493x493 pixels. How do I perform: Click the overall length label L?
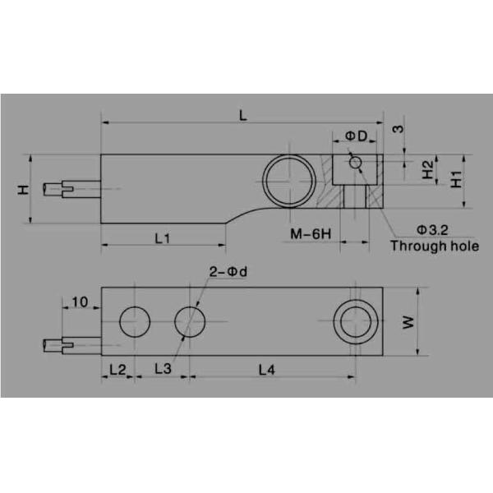[x=242, y=115]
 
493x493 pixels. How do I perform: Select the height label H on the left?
[x=23, y=190]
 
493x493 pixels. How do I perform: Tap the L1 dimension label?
[x=162, y=238]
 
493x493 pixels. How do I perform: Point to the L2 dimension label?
[x=117, y=371]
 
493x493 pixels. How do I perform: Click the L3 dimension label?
[x=164, y=371]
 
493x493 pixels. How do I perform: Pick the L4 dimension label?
[x=266, y=371]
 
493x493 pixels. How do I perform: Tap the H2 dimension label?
[x=428, y=169]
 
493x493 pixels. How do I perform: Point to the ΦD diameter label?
[x=355, y=134]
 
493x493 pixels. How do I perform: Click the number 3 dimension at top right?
[x=399, y=129]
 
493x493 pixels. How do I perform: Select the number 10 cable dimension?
[x=80, y=302]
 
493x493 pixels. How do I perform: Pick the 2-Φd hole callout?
[x=226, y=273]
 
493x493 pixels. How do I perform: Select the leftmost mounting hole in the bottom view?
[x=134, y=321]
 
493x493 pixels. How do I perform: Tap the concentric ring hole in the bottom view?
[x=355, y=321]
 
